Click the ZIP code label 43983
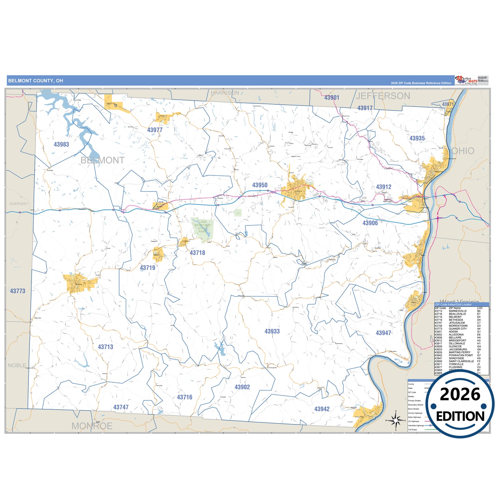point(61,145)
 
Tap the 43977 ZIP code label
point(155,130)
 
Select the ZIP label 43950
point(260,185)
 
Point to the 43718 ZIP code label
point(197,253)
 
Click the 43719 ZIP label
point(148,268)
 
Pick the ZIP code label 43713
point(106,347)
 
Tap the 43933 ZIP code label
point(272,332)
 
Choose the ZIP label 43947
point(383,333)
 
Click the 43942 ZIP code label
point(322,409)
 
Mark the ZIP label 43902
point(242,387)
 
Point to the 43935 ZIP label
point(417,138)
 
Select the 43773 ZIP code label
point(17,291)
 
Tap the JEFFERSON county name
point(383,96)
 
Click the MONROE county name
point(92,426)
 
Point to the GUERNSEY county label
point(19,204)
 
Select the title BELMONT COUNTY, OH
point(36,81)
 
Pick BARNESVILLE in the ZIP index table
point(458,311)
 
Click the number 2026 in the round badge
point(460,395)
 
